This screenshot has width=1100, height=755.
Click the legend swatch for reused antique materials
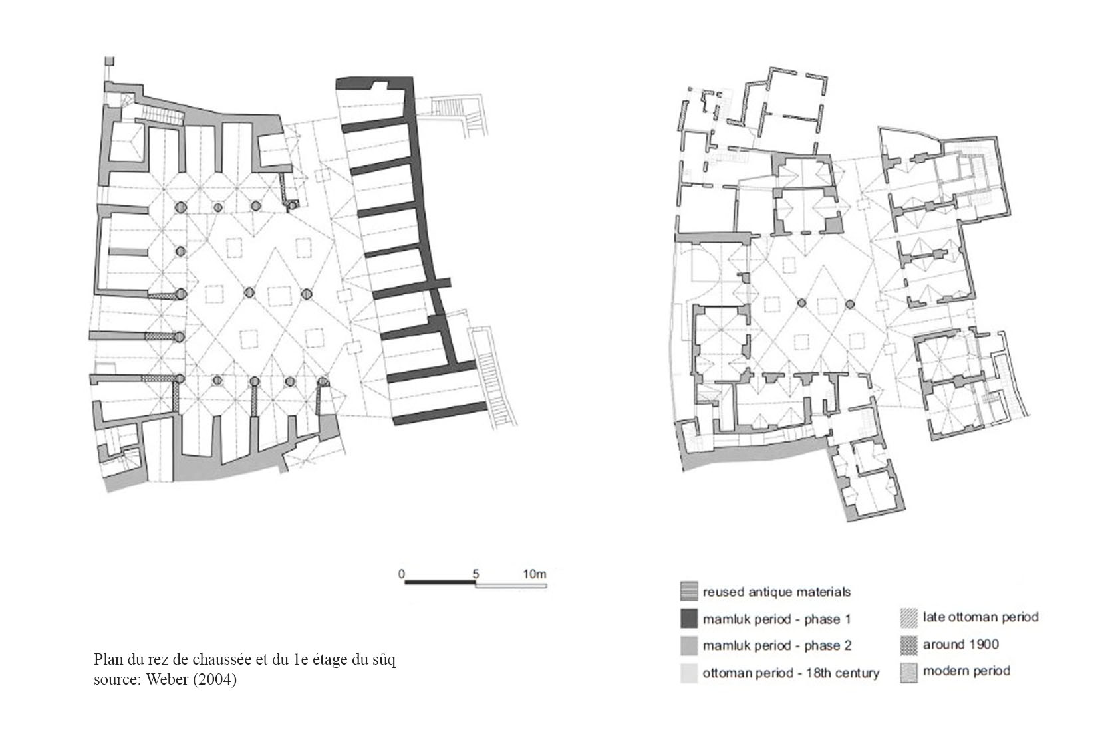click(x=688, y=592)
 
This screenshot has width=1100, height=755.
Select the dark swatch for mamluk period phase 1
click(x=688, y=619)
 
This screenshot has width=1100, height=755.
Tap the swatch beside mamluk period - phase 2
click(x=688, y=646)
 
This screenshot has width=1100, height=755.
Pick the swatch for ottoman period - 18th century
click(x=688, y=673)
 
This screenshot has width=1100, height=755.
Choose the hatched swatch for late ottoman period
click(x=909, y=619)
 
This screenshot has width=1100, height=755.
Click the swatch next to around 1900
click(x=909, y=645)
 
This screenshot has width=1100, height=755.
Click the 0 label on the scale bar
click(x=402, y=574)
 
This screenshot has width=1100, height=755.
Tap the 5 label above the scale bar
click(x=476, y=574)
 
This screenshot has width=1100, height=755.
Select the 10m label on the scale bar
click(x=534, y=574)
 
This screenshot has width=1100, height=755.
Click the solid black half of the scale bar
click(x=440, y=584)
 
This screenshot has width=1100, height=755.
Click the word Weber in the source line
click(x=167, y=679)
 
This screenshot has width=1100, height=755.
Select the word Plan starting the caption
click(x=108, y=659)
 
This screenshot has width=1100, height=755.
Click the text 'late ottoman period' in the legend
click(x=981, y=617)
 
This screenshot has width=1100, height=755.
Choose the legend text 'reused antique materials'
click(x=776, y=592)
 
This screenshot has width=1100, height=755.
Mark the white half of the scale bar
click(x=511, y=585)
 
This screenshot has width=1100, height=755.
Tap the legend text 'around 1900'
click(x=961, y=645)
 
